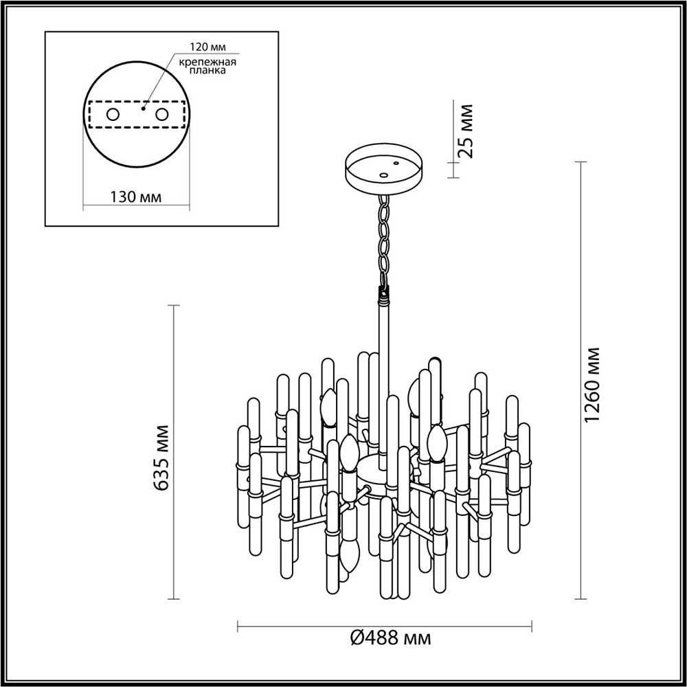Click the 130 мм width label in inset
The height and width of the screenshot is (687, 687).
135,196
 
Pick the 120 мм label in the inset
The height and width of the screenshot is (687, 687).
207,47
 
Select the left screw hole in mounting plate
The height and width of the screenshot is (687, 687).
112,115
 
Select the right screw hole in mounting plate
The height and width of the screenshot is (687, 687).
163,115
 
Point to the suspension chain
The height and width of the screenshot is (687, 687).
383,237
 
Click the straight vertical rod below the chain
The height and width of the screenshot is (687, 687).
382,371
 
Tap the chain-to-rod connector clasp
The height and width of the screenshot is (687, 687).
383,294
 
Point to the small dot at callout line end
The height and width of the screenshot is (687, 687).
144,108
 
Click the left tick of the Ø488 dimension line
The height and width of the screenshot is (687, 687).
238,624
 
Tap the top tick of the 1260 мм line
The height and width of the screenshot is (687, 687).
581,163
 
